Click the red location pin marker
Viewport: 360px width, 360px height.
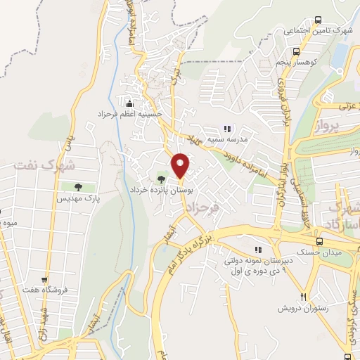181,165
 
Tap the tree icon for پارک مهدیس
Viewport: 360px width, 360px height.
77,187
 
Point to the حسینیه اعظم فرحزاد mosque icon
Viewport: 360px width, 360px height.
128,104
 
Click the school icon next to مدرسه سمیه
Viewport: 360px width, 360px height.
226,129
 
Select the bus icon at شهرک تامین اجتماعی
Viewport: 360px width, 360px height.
319,20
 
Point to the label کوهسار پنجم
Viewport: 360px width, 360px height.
305,63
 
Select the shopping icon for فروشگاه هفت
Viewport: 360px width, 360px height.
44,280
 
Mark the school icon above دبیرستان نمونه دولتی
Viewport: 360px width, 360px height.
258,248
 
